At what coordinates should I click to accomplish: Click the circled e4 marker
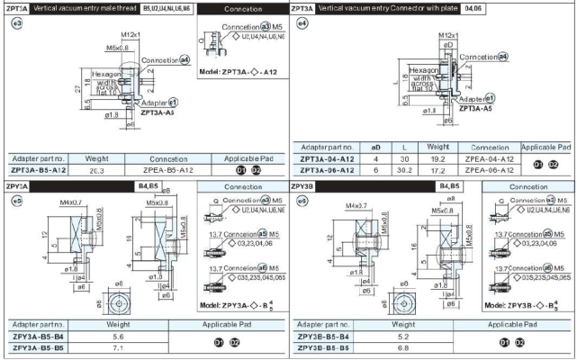[x=302, y=22]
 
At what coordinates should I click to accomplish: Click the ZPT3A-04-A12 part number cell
[x=327, y=157]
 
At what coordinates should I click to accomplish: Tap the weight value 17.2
[x=438, y=169]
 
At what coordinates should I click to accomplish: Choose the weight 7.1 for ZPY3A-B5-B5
[x=118, y=346]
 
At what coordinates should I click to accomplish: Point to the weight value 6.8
[x=402, y=346]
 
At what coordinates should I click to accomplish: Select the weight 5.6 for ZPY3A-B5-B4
[x=118, y=336]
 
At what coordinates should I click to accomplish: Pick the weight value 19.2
[x=438, y=157]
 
